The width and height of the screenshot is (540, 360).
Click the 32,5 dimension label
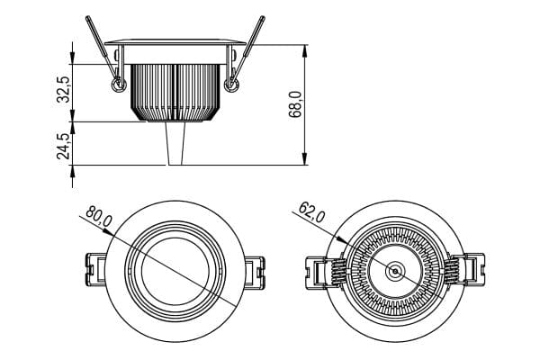click(x=64, y=90)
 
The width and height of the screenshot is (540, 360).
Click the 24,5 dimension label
click(x=64, y=146)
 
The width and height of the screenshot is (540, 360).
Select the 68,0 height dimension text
click(x=296, y=104)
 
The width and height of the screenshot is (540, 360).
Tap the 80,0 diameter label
click(x=99, y=216)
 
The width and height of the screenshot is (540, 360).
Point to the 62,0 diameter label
click(x=311, y=212)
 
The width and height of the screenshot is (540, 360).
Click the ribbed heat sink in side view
click(x=175, y=93)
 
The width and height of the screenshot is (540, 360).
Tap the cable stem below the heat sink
click(x=175, y=143)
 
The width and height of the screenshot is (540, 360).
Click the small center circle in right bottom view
click(x=395, y=271)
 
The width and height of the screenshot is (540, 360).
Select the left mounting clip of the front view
click(x=95, y=270)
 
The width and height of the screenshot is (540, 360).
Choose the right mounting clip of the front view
click(x=255, y=272)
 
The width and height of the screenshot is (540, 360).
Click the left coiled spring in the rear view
click(x=338, y=271)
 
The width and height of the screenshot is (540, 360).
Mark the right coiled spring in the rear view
click(x=452, y=271)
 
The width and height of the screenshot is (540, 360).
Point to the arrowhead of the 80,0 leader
click(x=110, y=232)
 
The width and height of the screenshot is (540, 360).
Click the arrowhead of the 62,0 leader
click(x=341, y=239)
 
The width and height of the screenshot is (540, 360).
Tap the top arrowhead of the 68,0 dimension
click(x=304, y=50)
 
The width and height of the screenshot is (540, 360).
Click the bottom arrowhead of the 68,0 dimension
click(x=304, y=159)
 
